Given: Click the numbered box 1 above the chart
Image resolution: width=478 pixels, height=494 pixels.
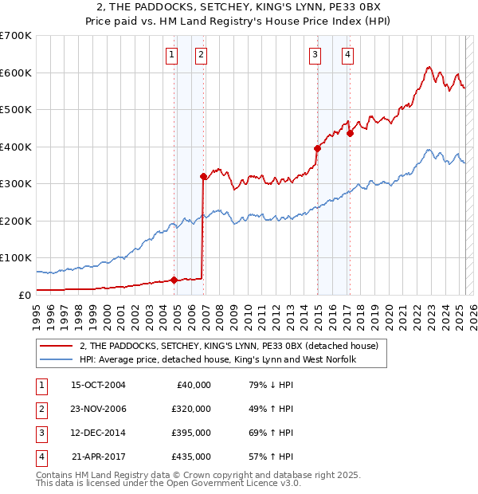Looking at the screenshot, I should point(172,55).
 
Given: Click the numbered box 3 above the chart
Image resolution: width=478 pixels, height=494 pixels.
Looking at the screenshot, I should point(315,55).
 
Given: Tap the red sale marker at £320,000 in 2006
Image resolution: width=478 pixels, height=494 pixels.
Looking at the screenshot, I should point(203,176).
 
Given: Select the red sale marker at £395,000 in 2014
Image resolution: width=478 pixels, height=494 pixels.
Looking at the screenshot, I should point(317,148).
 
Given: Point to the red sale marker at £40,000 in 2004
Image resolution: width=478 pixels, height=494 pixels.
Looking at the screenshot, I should point(174,280).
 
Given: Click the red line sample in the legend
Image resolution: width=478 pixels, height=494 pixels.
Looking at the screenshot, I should point(55,346).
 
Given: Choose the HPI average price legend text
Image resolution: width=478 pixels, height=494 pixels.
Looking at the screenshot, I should point(217,360).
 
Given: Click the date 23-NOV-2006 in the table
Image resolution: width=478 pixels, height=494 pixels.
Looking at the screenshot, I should point(99,409).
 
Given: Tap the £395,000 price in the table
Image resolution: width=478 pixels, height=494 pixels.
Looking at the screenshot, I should point(191,433).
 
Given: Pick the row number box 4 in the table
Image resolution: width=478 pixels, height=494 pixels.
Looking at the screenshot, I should point(39,457).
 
